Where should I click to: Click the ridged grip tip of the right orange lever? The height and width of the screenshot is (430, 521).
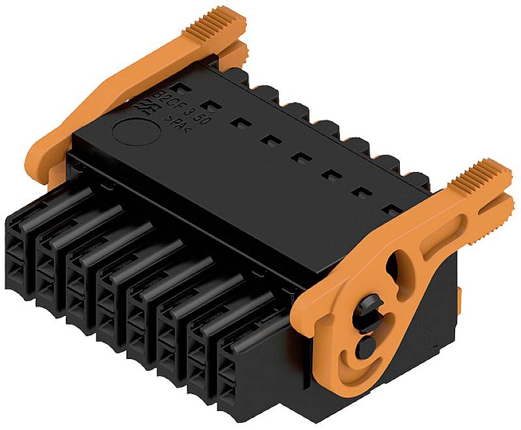coord(486,175)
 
